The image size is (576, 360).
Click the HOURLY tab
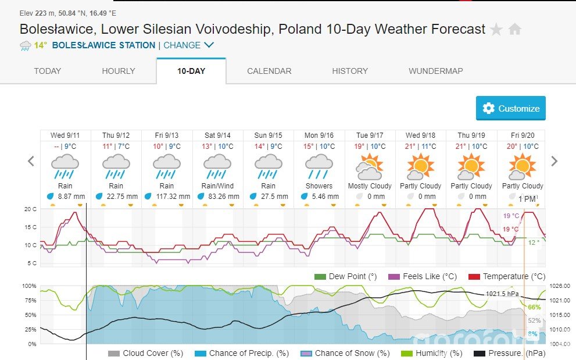(119, 71)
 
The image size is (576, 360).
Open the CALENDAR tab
(269, 71)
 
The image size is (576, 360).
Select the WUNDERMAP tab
(436, 71)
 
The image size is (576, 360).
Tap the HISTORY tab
(350, 71)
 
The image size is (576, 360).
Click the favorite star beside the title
(496, 30)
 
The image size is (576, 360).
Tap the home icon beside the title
(515, 30)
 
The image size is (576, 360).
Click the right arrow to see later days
(554, 161)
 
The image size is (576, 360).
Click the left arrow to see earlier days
(31, 161)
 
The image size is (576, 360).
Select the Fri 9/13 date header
(167, 136)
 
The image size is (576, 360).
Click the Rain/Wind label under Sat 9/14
(217, 186)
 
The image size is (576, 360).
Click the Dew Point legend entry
(346, 276)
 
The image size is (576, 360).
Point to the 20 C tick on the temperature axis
(31, 209)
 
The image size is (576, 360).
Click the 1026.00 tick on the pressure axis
(560, 286)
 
